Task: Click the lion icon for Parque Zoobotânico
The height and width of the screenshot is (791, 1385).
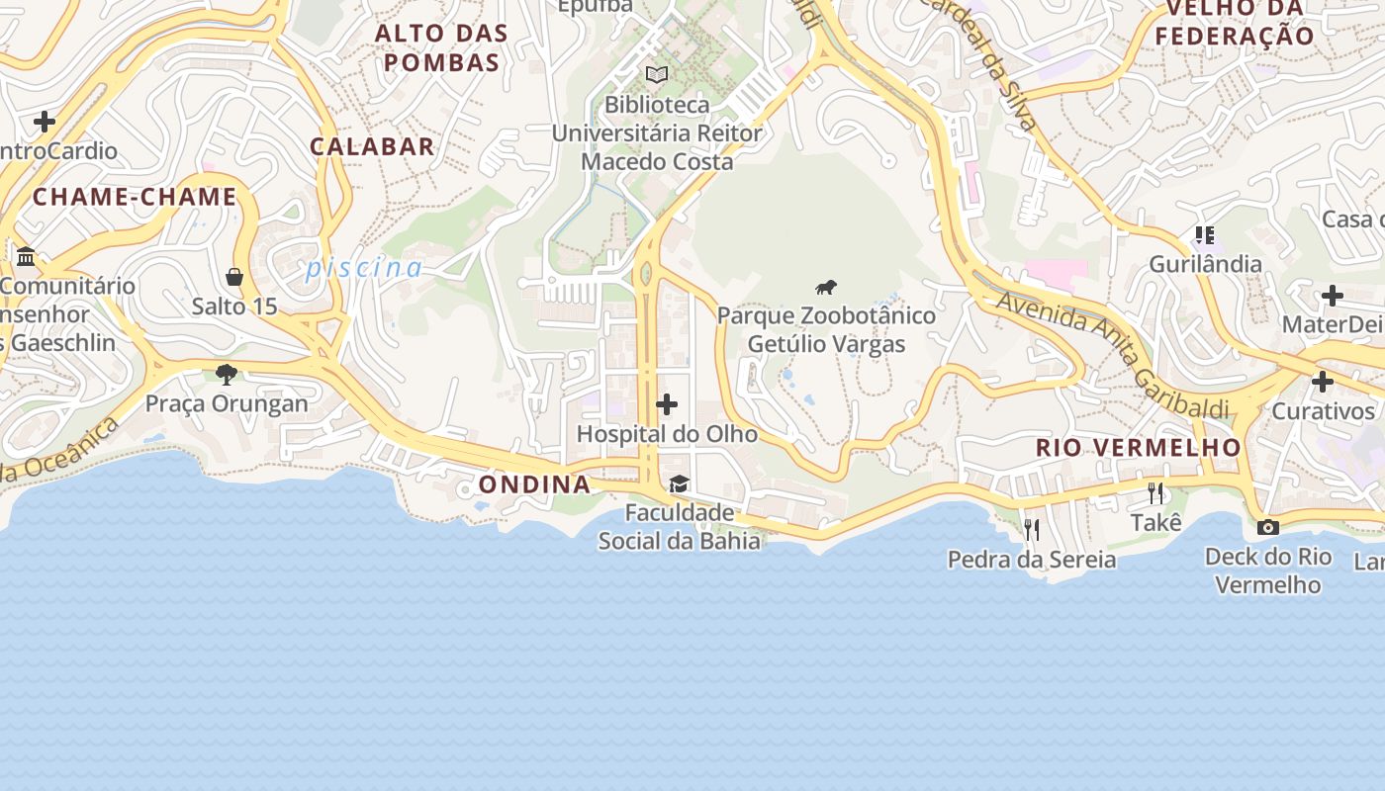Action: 826,288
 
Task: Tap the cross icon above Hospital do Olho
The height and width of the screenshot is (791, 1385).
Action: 667,404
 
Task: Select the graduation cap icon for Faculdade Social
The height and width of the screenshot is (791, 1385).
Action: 679,483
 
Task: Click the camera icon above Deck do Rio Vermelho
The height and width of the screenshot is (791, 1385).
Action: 1267,527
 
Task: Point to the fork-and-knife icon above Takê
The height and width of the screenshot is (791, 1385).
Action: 1155,492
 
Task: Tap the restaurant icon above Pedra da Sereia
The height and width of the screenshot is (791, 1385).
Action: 1031,530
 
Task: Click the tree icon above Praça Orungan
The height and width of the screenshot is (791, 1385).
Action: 227,375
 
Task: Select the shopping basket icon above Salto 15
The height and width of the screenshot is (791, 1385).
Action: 234,277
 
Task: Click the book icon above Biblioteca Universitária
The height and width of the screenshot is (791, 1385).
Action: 657,74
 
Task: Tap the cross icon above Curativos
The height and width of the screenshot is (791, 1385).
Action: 1323,382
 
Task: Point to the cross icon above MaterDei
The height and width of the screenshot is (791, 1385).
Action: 1333,296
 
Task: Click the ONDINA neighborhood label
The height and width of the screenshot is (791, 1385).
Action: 535,484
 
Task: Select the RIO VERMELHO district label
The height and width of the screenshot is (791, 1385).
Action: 1138,447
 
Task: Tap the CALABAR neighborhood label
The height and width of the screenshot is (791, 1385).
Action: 372,146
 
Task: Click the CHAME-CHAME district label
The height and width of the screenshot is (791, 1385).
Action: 135,197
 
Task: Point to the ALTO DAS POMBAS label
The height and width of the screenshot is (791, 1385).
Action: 441,47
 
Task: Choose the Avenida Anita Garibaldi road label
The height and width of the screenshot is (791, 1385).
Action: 1113,354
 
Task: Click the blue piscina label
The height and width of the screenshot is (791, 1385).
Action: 364,268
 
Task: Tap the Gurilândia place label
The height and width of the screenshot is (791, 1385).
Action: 1205,264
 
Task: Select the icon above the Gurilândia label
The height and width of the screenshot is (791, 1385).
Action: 1204,235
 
